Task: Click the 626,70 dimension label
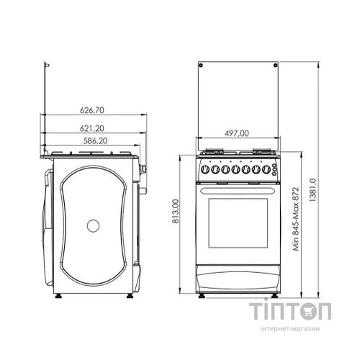point(92,110)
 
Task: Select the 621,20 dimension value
point(92,128)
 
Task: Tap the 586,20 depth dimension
point(95,140)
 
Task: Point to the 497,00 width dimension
point(237,133)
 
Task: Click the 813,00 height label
point(176,212)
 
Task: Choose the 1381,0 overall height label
point(312,190)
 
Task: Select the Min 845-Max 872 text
point(296,219)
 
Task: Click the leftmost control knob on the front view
point(205,169)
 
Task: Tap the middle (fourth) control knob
point(235,169)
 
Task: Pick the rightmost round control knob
point(266,169)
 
